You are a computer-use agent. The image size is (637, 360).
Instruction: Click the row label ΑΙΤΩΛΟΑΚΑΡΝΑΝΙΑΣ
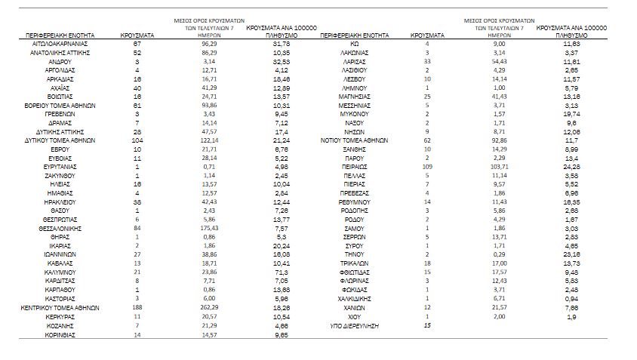tap(67, 45)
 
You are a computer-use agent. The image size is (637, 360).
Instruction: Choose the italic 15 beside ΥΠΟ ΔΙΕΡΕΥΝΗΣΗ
tap(427, 325)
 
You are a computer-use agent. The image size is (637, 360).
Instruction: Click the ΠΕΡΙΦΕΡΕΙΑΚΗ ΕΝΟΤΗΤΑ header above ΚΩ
tap(354, 35)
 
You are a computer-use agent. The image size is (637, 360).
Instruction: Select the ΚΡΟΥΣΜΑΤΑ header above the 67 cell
tap(137, 35)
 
